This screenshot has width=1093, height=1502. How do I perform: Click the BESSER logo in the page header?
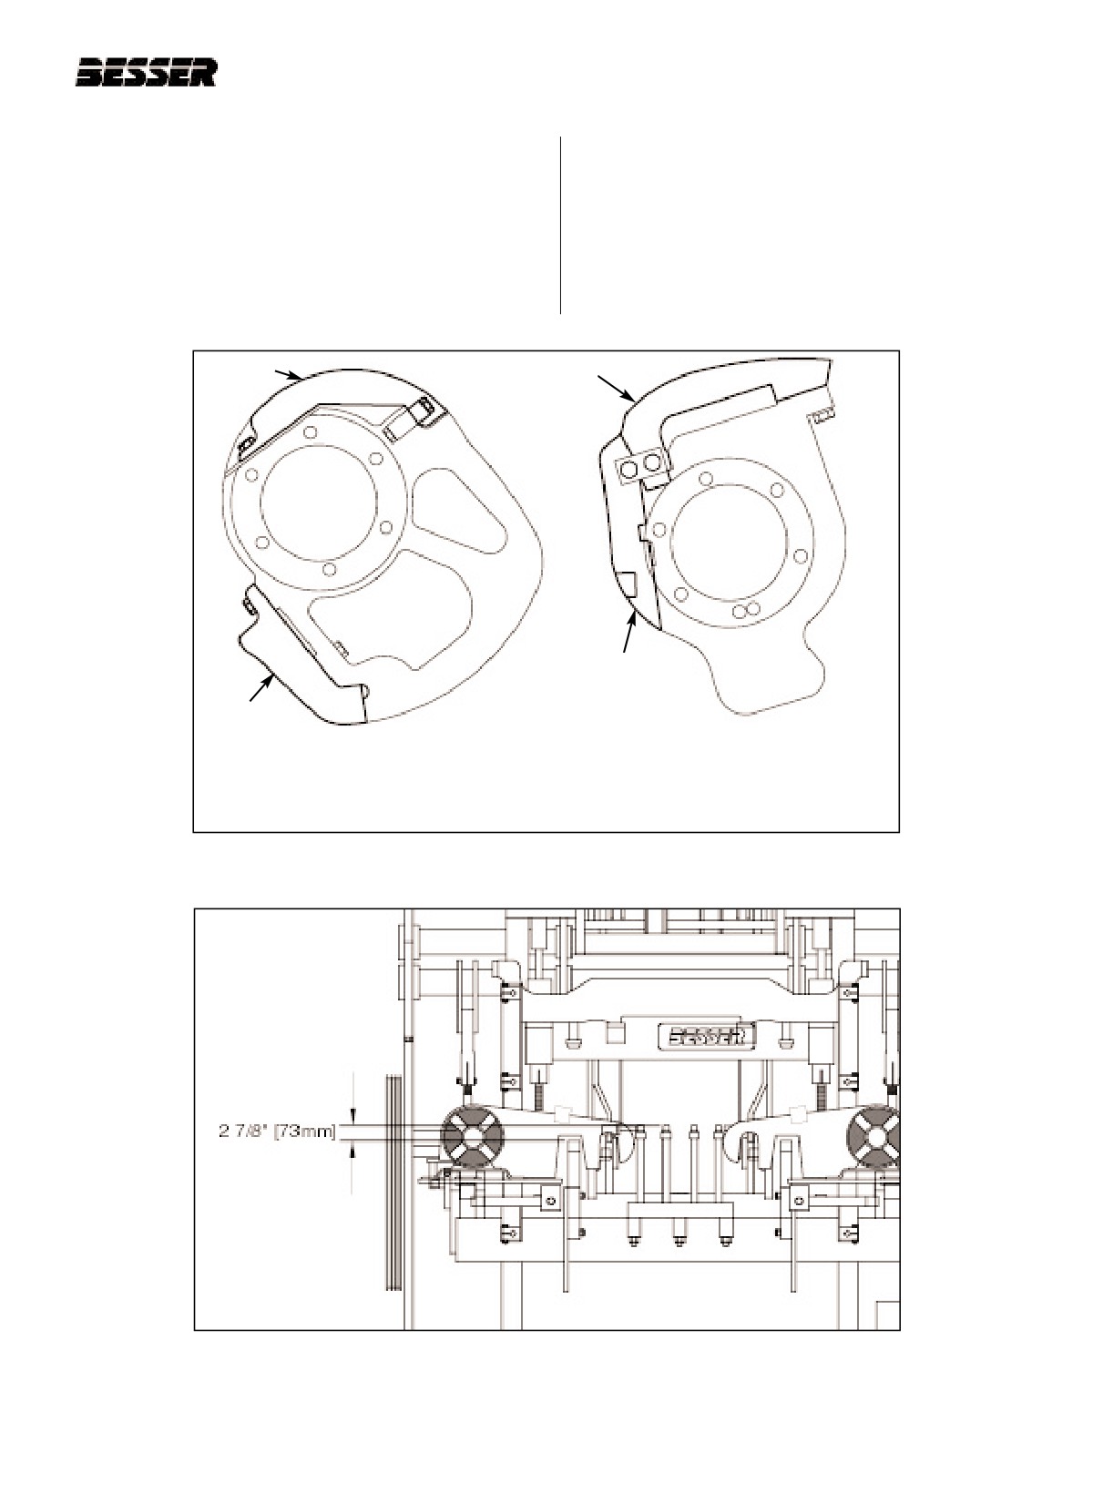147,73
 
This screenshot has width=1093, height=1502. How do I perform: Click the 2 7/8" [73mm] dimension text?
277,1132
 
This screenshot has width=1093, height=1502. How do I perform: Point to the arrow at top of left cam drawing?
289,375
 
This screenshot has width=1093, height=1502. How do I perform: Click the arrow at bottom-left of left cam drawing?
261,688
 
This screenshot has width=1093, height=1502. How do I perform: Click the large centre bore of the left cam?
318,503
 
